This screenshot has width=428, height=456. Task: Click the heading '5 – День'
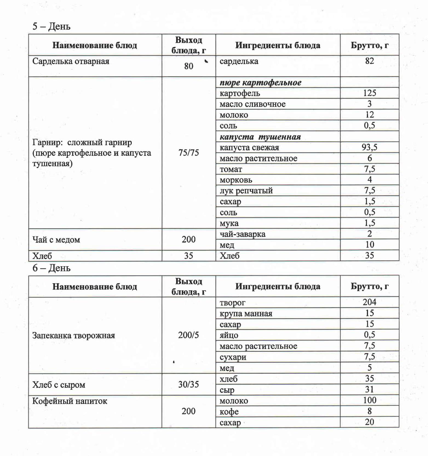pos(51,26)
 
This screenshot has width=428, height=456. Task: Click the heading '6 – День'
pos(51,268)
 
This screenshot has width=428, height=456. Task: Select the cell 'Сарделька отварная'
pos(71,61)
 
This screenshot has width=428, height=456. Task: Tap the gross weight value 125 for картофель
pos(369,93)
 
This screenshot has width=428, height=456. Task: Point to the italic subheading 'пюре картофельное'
pos(260,82)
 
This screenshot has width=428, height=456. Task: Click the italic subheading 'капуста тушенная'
pos(260,137)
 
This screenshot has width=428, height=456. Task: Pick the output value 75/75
pos(189,153)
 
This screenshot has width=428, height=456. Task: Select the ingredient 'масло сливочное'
pos(252,104)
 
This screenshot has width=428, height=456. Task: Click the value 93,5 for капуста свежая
pos(369,147)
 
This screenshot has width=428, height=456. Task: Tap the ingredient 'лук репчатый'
pos(246,191)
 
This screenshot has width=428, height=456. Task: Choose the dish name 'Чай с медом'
pos(56,240)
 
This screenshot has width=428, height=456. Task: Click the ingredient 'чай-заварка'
pos(242,234)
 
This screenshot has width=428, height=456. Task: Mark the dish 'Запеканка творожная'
pos(74,335)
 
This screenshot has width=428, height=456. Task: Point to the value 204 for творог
pos(369,302)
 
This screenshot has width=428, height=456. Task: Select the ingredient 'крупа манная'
pos(246,314)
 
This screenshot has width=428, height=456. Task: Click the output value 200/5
pos(189,335)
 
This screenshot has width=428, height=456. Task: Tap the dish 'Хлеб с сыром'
pos(59,385)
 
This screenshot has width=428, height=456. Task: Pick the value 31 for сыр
pos(369,389)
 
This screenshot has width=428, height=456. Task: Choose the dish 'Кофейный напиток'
pos(70,401)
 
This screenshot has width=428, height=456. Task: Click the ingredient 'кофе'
pos(229,412)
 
